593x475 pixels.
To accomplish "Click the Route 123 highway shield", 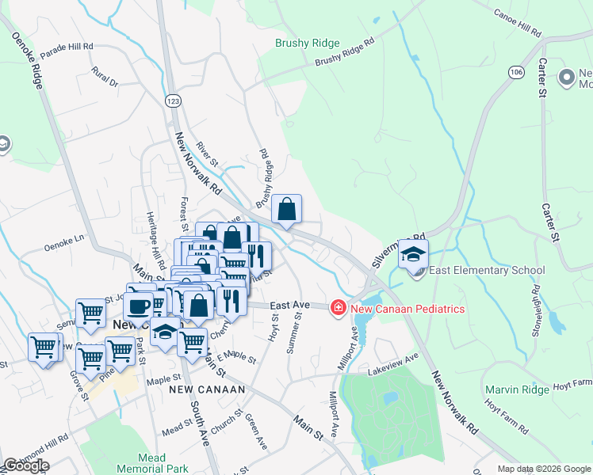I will [171, 101].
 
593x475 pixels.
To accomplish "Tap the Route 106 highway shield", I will [517, 72].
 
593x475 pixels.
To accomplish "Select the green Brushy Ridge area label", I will [307, 44].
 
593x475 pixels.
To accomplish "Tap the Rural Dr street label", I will [104, 77].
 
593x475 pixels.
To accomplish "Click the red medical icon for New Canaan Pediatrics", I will [339, 307].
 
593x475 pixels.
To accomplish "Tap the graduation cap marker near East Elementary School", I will [413, 253].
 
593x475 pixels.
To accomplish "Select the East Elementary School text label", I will [488, 271].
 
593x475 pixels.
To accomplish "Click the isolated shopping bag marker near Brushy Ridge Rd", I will [287, 209].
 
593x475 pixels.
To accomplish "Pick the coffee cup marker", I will [138, 305].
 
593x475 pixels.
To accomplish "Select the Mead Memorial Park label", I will [151, 463].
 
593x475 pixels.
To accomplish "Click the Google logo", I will [27, 465].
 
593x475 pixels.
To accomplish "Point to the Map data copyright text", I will [543, 469].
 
